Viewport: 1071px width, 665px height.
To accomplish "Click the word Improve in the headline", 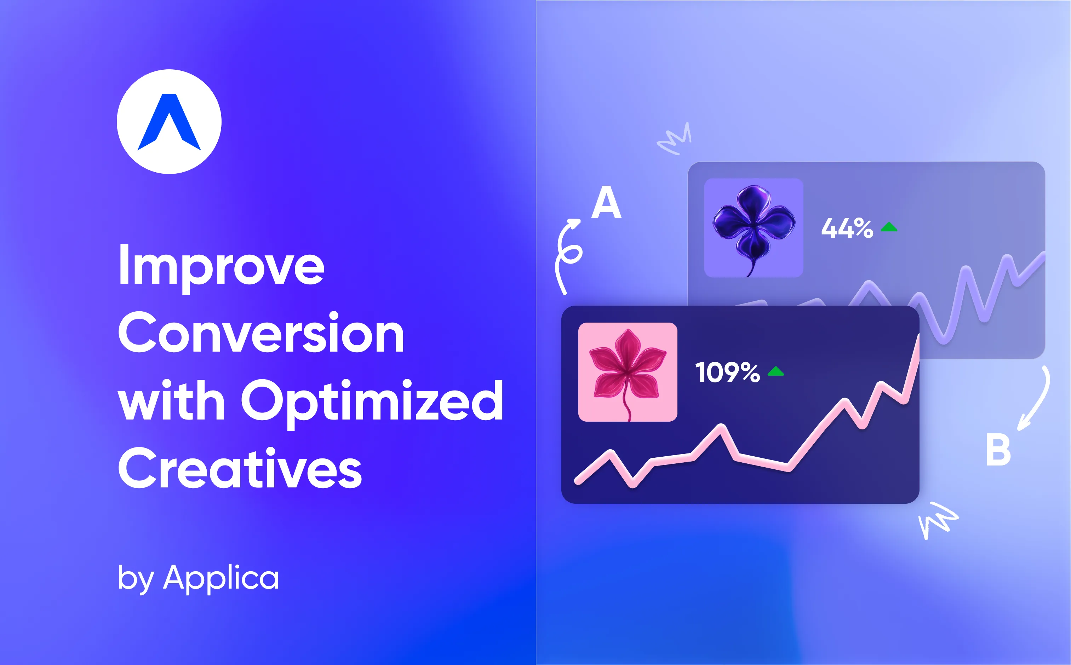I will tap(221, 265).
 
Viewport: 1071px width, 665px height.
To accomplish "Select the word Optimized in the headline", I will tap(372, 401).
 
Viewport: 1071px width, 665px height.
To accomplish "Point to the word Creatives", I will tap(240, 468).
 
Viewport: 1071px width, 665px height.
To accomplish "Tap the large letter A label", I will tap(606, 202).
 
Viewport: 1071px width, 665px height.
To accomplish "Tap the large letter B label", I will tap(998, 450).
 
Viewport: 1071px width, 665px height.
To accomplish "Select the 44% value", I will tap(847, 228).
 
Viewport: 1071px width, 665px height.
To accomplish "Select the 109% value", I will tap(727, 372).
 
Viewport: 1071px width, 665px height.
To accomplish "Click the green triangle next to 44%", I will tap(889, 227).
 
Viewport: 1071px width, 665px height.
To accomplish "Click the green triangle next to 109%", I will tap(775, 372).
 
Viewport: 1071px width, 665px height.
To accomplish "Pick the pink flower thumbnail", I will tap(628, 372).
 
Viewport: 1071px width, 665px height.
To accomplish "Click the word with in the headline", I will tap(172, 401).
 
